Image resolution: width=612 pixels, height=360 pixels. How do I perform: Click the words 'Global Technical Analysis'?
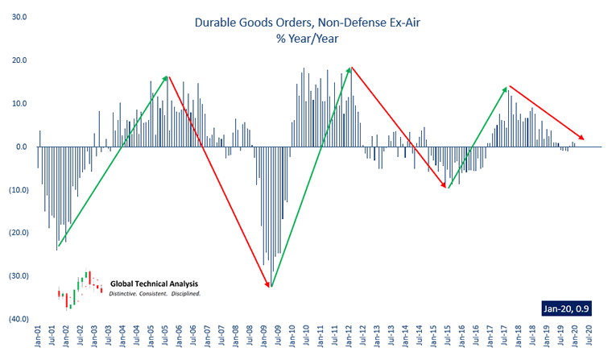click(x=154, y=284)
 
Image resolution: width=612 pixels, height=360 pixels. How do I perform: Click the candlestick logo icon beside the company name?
click(x=80, y=288)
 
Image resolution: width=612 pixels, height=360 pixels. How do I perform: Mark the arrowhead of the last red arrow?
click(x=583, y=138)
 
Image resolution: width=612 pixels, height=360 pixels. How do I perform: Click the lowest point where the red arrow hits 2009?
click(x=271, y=286)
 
